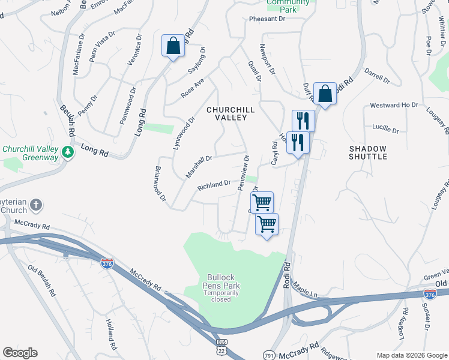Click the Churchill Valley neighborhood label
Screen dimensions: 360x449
pos(231,114)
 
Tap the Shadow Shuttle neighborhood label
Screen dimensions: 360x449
pos(368,152)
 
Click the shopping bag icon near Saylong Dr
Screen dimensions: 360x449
pos(173,46)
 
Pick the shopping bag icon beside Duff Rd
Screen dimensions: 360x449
pos(325,94)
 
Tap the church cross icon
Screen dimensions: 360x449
pos(35,206)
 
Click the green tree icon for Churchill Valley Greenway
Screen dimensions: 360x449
pos(70,153)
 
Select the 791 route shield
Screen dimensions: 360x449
pos(270,355)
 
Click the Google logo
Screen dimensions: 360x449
pos(20,353)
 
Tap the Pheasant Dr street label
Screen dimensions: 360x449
pos(267,19)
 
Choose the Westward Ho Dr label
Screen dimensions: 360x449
pos(393,105)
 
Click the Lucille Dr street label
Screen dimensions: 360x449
pos(385,129)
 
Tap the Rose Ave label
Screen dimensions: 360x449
pos(193,88)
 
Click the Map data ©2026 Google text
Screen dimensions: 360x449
pos(411,355)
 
